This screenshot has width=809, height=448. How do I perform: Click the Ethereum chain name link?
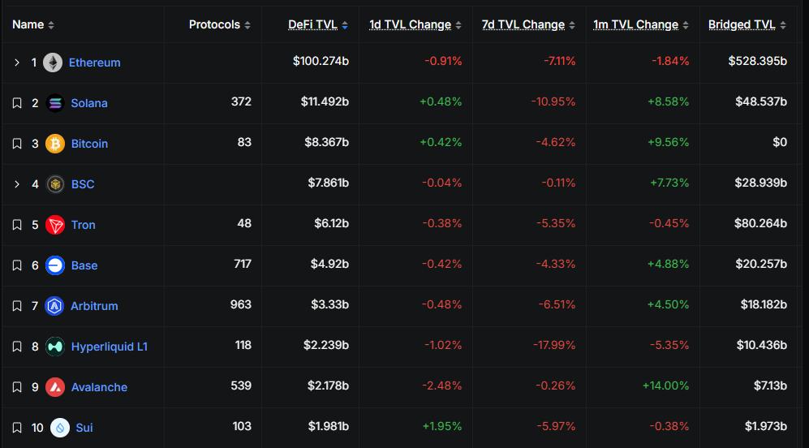(x=94, y=62)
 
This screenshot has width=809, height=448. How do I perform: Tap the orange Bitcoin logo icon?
(x=55, y=144)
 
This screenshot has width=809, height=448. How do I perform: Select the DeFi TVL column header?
(x=312, y=24)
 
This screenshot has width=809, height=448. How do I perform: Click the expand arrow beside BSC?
(x=17, y=184)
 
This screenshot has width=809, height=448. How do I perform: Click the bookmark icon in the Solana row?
(x=17, y=103)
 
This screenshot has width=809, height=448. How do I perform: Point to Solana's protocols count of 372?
(x=240, y=101)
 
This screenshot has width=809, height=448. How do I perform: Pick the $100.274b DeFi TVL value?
(x=321, y=62)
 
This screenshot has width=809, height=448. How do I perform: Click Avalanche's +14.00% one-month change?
(x=665, y=386)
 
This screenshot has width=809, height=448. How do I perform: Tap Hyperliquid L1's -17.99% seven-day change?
(x=556, y=345)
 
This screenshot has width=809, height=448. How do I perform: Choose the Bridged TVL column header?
(x=742, y=24)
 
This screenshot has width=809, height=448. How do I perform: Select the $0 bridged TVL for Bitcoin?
(x=779, y=142)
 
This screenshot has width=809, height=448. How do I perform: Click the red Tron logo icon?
(x=55, y=225)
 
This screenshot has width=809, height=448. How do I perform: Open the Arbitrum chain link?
(x=94, y=306)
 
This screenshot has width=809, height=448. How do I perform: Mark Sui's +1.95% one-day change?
(x=441, y=426)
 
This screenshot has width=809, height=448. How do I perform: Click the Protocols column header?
(x=214, y=24)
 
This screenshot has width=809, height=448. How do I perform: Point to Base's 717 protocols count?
(x=241, y=264)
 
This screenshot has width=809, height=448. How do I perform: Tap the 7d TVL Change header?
(x=523, y=24)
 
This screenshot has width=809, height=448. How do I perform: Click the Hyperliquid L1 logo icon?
(x=55, y=347)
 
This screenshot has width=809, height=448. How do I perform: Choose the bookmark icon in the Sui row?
(x=17, y=428)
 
